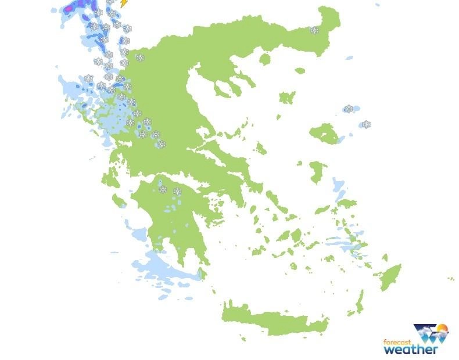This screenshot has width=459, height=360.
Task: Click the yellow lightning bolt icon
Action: (123, 3)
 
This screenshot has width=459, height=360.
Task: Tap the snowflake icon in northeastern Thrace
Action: (314, 30)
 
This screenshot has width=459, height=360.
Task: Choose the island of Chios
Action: (317, 172)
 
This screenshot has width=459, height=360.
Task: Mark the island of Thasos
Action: (266, 59)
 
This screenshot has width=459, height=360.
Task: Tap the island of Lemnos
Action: (287, 97)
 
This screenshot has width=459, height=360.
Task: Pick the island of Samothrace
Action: (300, 71)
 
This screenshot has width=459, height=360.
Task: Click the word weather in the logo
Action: (411, 350)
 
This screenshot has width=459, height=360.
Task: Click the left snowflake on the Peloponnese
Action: (163, 189)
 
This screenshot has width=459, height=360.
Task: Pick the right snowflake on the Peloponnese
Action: (177, 191)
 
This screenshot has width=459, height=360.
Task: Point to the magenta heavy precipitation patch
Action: (71, 8)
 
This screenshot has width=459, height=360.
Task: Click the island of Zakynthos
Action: (120, 201)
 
